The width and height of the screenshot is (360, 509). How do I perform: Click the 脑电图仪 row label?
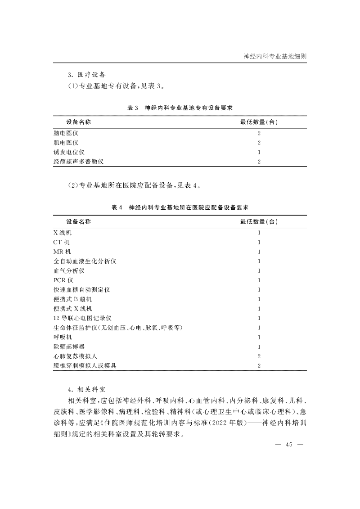pos(66,133)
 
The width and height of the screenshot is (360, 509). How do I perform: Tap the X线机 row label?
pos(62,233)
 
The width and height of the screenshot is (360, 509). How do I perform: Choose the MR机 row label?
pos(62,252)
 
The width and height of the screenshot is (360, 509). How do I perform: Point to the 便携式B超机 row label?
pos(72,299)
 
